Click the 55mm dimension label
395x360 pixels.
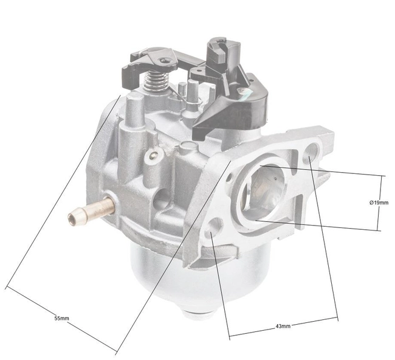(x=61, y=318)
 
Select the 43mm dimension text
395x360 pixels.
(x=283, y=326)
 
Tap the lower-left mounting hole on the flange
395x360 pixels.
(x=210, y=232)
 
